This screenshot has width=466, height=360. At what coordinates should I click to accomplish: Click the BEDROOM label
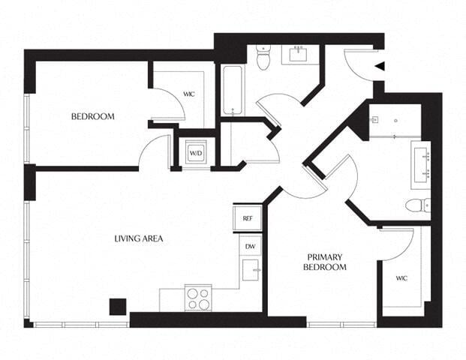[92, 116]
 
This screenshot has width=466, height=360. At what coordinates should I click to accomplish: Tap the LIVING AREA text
[138, 238]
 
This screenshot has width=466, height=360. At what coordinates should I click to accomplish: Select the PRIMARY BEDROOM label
[324, 262]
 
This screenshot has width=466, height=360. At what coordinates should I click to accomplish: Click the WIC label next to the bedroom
[190, 94]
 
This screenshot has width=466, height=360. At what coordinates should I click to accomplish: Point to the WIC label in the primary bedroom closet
[402, 277]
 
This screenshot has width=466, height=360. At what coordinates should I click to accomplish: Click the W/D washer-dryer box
[195, 153]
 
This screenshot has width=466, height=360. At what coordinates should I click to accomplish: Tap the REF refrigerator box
[247, 218]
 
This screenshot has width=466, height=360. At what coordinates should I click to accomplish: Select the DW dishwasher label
[249, 245]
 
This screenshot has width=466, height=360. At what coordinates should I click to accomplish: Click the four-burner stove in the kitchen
[198, 298]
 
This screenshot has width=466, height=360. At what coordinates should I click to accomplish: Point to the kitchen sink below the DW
[251, 268]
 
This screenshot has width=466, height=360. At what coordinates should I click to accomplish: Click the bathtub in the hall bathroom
[232, 91]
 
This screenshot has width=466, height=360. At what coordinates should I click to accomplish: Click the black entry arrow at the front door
[380, 66]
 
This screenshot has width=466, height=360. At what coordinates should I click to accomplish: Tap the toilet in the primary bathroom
[417, 205]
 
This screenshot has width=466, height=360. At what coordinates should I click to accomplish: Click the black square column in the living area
[117, 306]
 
